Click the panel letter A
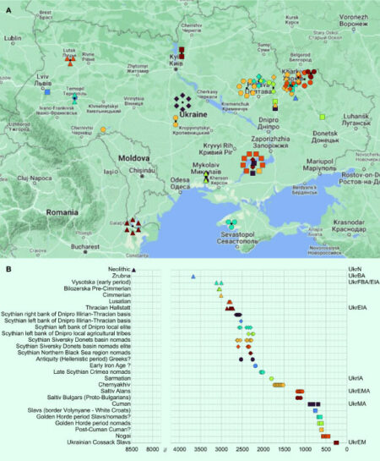point(8,6)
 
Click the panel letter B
point(8,268)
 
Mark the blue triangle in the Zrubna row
point(193,276)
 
